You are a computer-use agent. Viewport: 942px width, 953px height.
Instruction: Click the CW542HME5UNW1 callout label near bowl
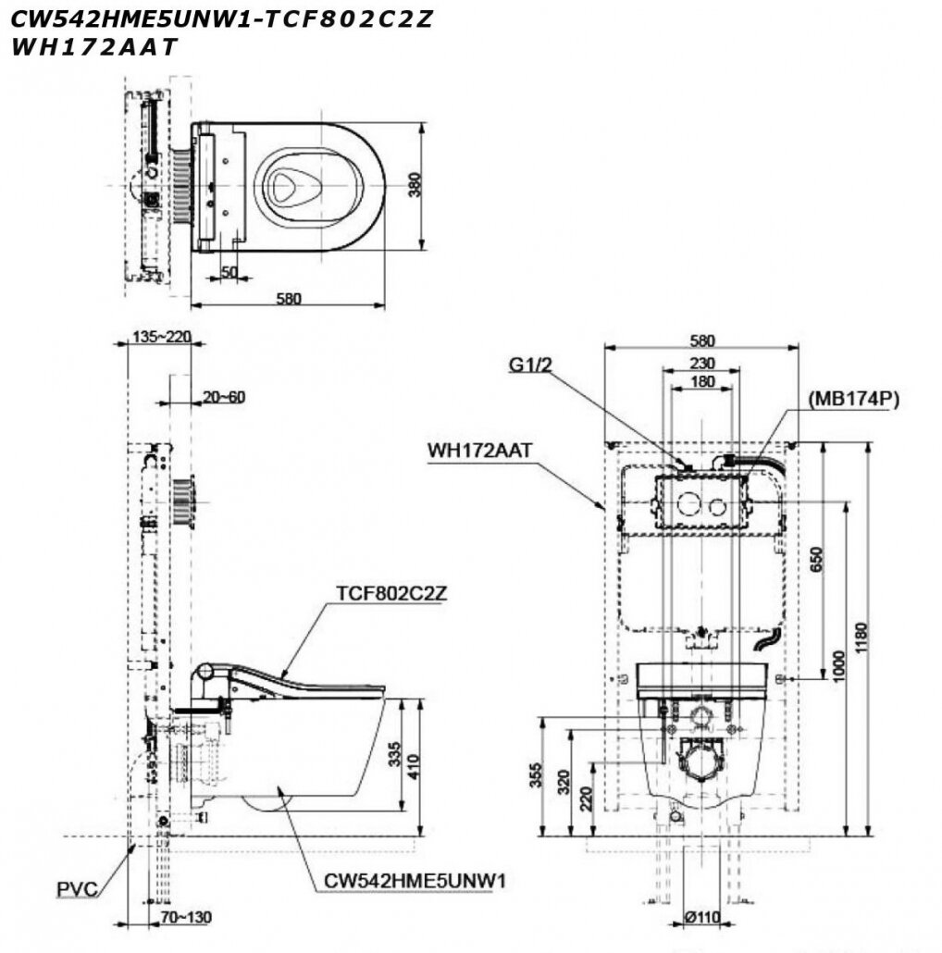(414, 881)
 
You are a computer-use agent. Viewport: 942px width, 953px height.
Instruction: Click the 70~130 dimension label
(185, 918)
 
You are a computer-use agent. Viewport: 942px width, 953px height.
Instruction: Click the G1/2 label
(530, 365)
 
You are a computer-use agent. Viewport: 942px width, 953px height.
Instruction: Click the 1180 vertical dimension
(864, 638)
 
